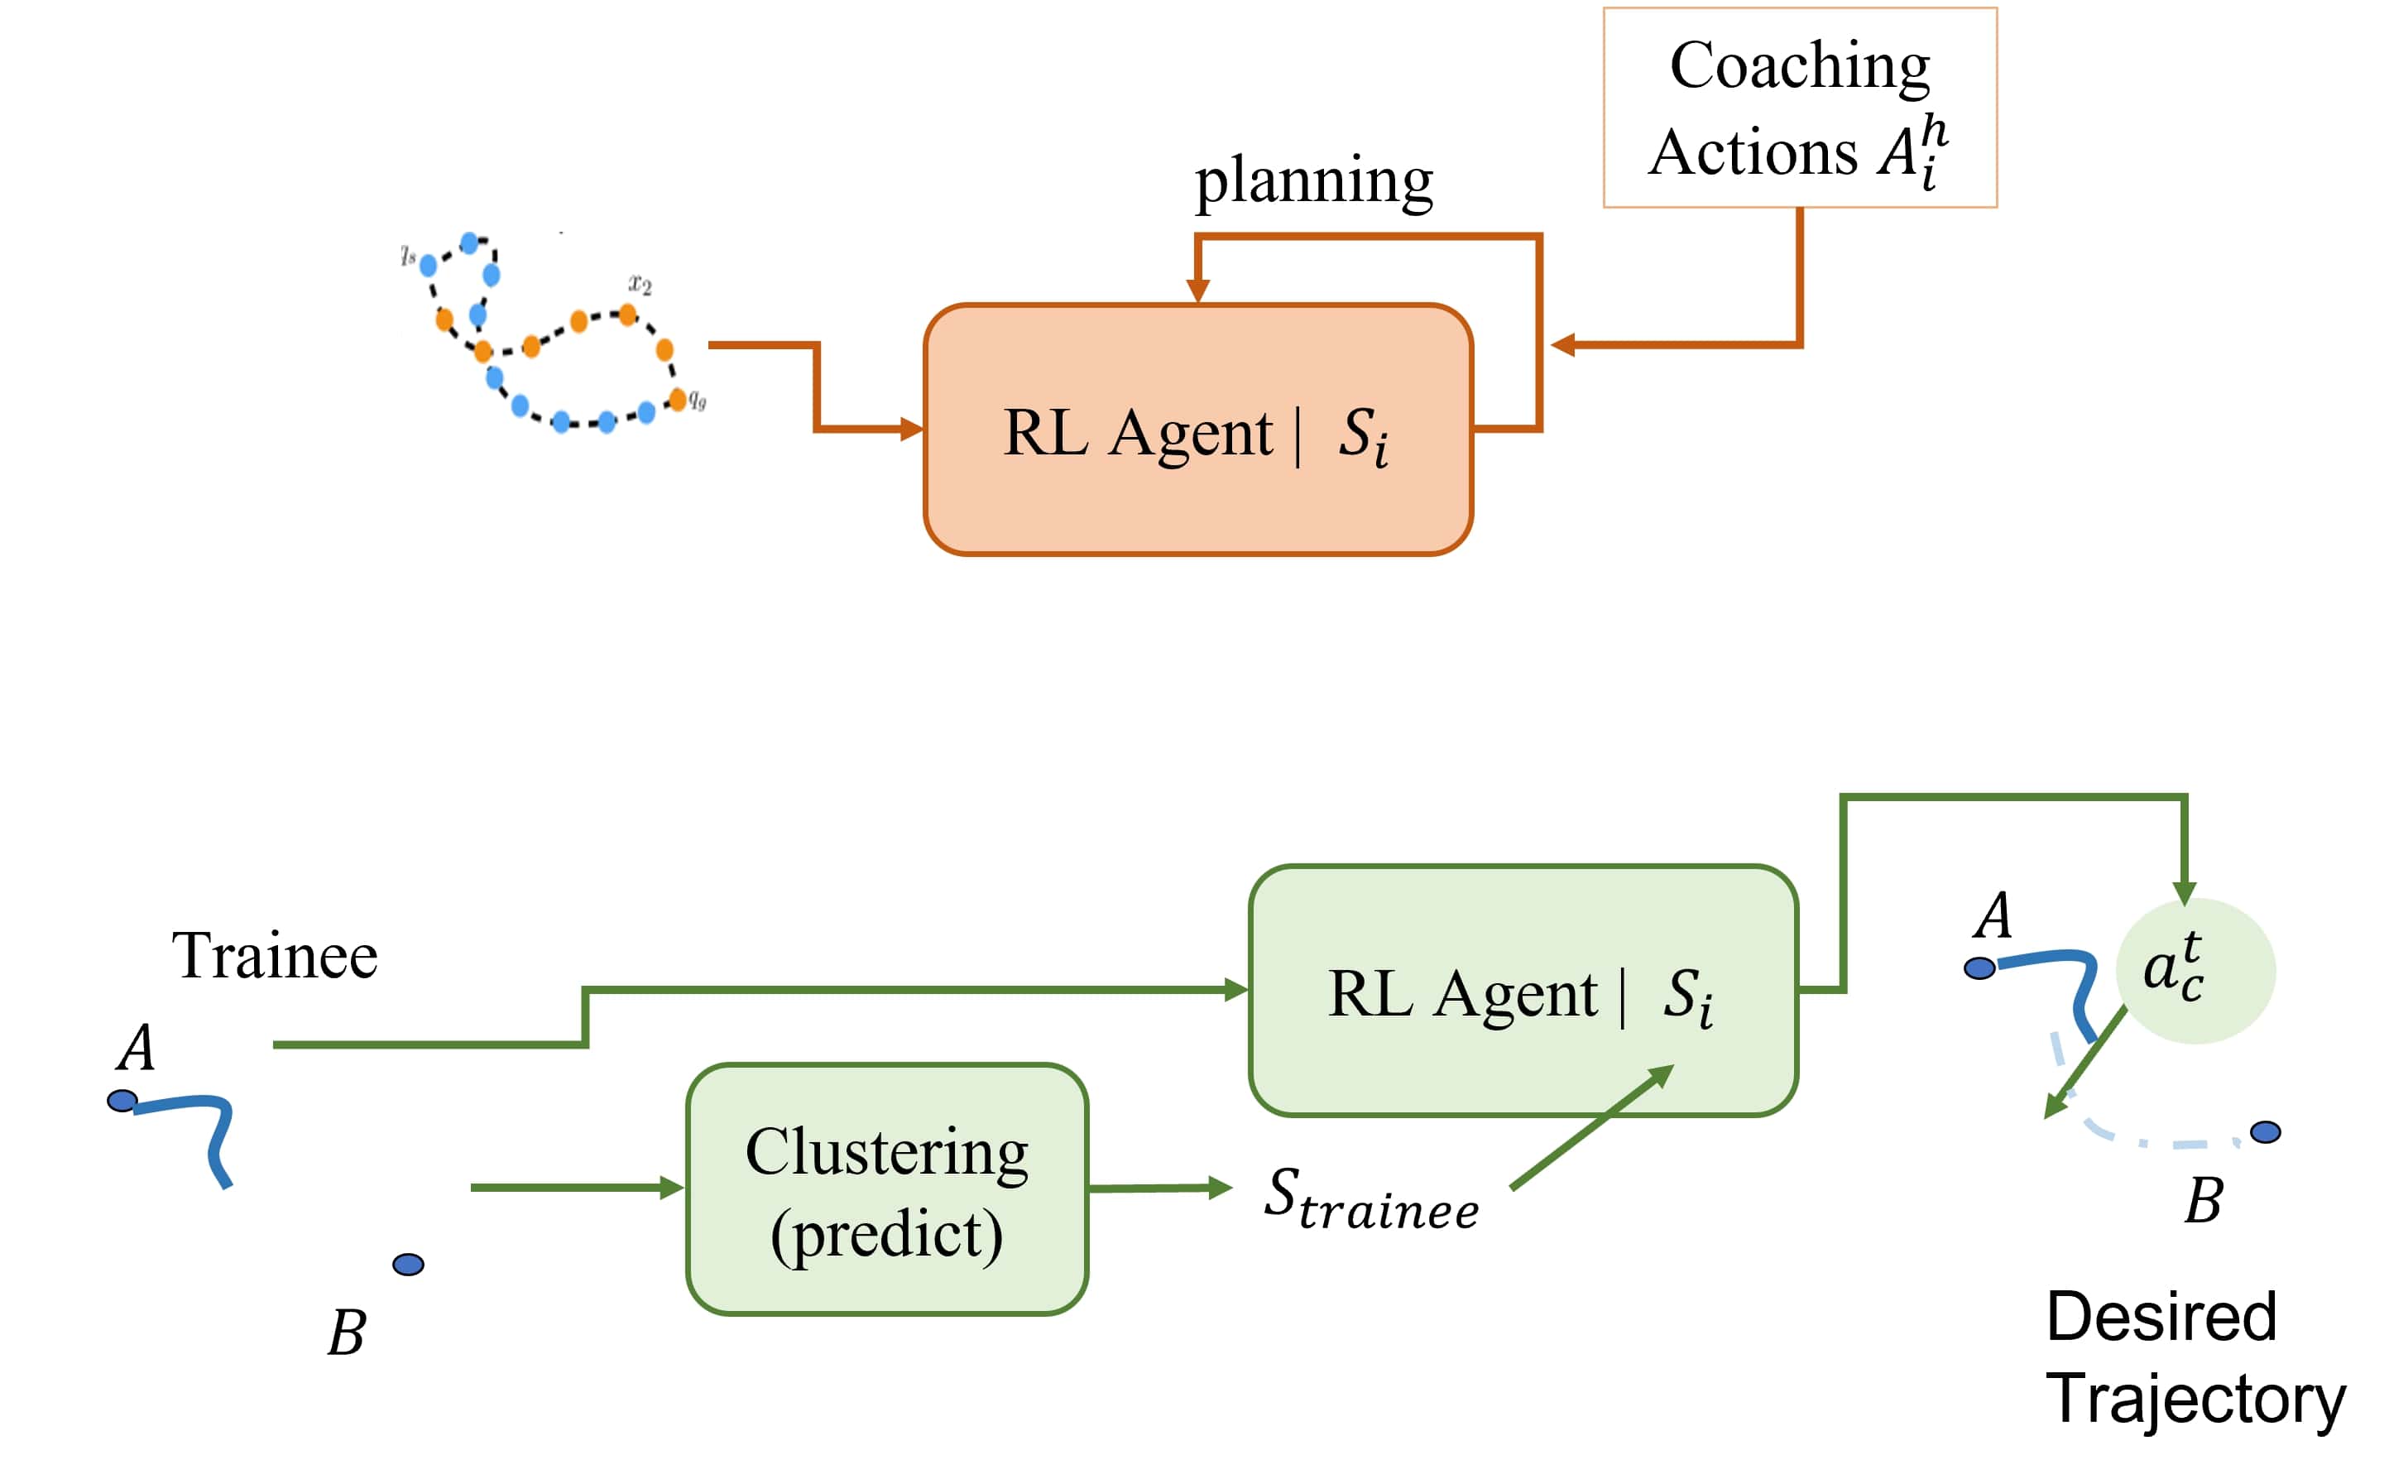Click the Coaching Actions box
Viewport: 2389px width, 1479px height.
(x=1798, y=108)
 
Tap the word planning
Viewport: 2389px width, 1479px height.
(x=1313, y=181)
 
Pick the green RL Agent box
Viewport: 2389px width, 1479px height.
(x=1522, y=991)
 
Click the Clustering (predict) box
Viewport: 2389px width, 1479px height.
(x=886, y=1189)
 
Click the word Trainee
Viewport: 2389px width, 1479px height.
(x=274, y=956)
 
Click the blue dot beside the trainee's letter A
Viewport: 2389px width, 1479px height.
(x=122, y=1102)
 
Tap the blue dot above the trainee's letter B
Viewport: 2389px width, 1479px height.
(x=408, y=1265)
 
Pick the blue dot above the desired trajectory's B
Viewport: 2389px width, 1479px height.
(x=2265, y=1131)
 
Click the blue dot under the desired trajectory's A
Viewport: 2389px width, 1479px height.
(x=1979, y=968)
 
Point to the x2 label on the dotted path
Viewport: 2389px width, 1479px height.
(x=640, y=285)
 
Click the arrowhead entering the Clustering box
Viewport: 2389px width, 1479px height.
(x=673, y=1188)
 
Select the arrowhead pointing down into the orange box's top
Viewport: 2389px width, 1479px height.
(x=1197, y=291)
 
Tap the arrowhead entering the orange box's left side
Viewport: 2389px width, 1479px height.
(x=911, y=429)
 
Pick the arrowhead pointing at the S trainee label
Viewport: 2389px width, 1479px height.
(x=1220, y=1188)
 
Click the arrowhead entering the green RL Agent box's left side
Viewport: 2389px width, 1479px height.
(x=1236, y=990)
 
